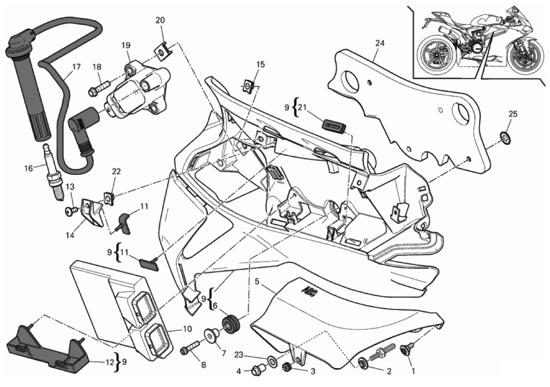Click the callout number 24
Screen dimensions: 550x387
pos(379,43)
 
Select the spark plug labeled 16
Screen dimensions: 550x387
pos(53,173)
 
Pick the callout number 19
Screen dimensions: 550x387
pos(126,45)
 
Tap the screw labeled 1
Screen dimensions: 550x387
pos(407,351)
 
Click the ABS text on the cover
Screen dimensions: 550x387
pos(307,292)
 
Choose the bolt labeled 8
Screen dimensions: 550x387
pos(191,348)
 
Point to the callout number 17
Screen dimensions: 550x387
pos(76,67)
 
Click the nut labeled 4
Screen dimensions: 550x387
pos(258,370)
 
